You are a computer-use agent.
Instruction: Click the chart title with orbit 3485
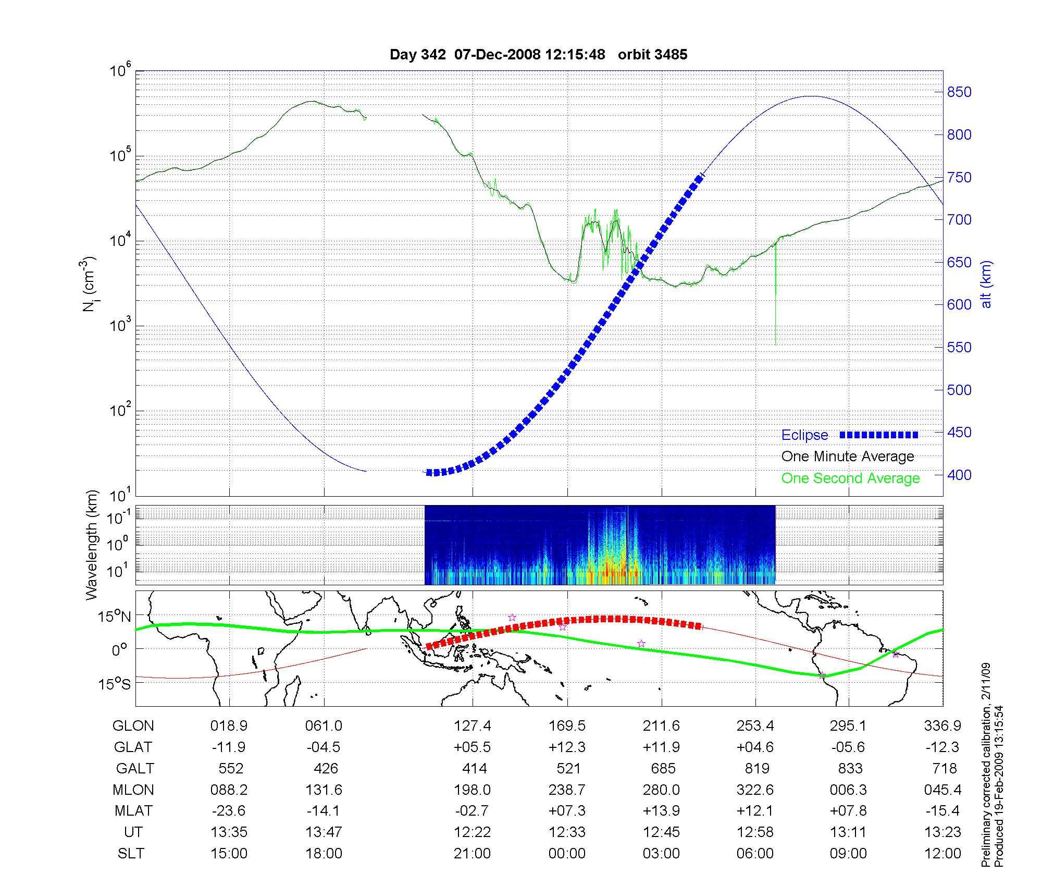(538, 55)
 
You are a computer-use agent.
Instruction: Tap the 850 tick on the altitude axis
(959, 92)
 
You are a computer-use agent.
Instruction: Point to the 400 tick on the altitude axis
(959, 475)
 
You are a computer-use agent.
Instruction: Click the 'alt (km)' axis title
(986, 284)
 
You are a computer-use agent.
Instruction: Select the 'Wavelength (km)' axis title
(92, 545)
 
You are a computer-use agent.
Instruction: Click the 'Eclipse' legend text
(804, 435)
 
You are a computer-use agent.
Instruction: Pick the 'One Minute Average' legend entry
(848, 457)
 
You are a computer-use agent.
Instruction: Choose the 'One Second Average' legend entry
(850, 478)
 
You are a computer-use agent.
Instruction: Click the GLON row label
(133, 726)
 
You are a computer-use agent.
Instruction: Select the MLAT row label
(133, 811)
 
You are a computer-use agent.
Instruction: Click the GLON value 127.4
(473, 726)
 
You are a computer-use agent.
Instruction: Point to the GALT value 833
(849, 769)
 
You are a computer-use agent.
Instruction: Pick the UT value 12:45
(662, 832)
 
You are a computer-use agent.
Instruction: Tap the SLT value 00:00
(567, 854)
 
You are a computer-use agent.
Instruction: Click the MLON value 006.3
(849, 790)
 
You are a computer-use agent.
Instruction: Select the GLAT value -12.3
(942, 747)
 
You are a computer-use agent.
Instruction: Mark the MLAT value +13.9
(662, 811)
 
